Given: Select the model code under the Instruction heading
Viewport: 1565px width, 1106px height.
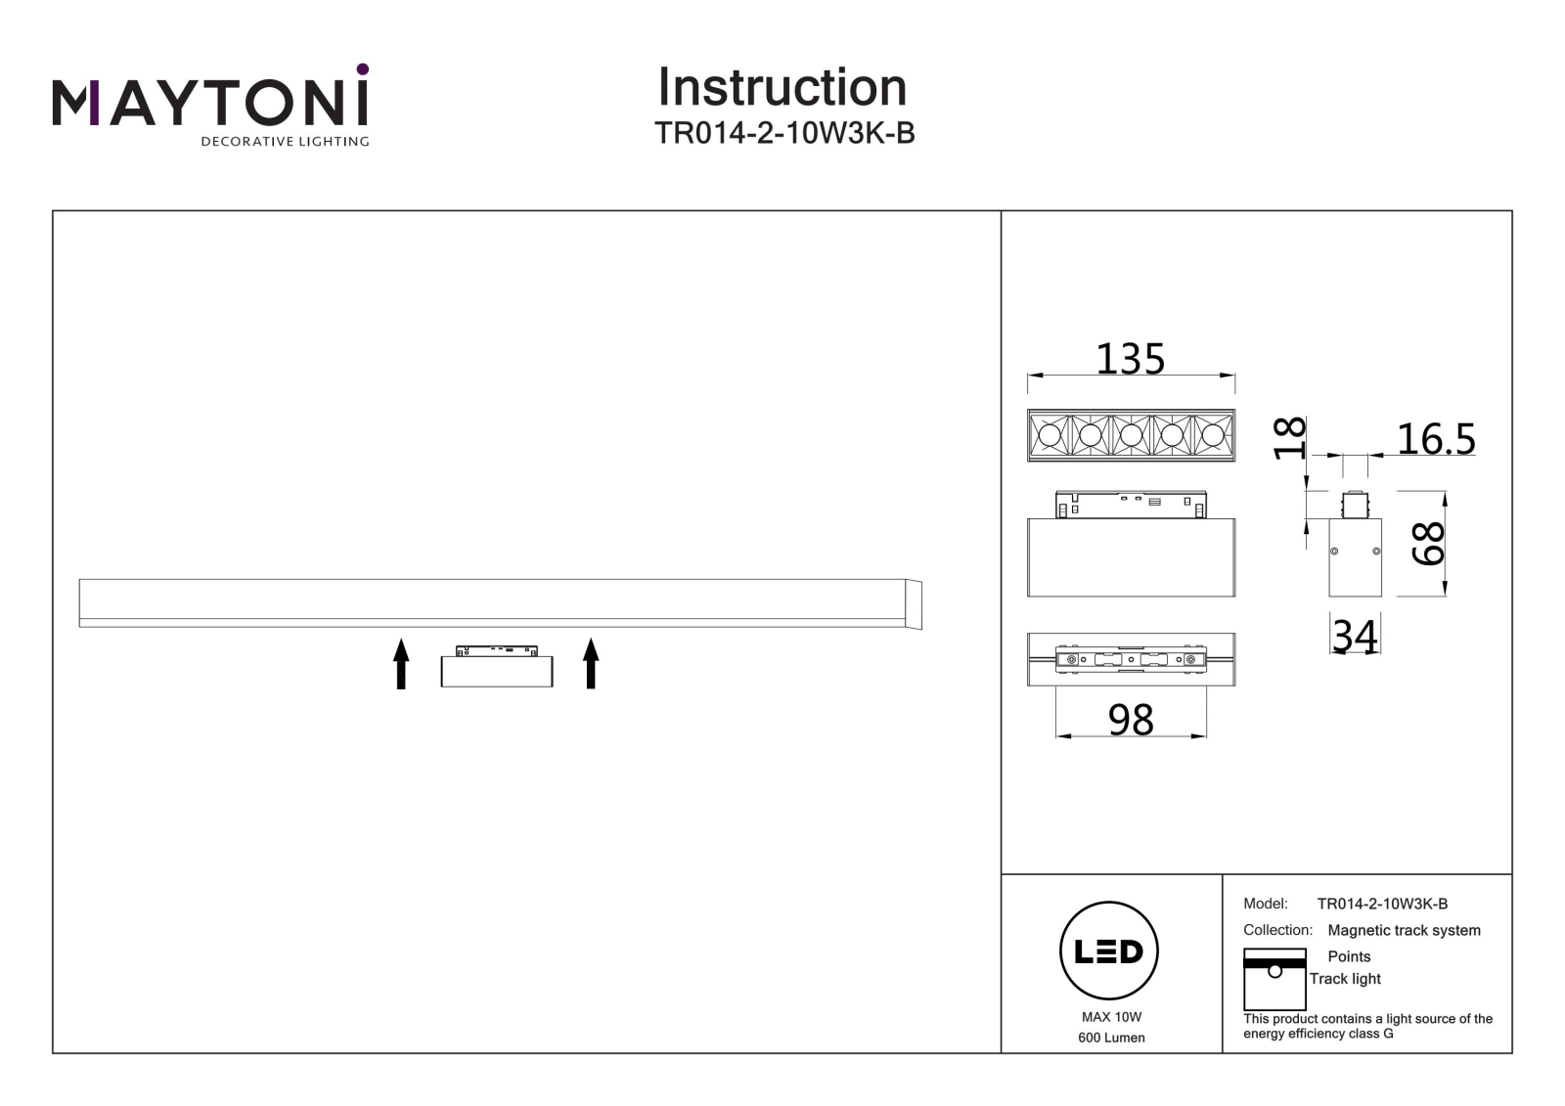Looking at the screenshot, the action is [x=783, y=133].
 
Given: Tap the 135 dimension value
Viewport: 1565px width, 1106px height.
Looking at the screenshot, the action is [x=1130, y=359].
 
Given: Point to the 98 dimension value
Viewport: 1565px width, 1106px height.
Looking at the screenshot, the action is [x=1131, y=720].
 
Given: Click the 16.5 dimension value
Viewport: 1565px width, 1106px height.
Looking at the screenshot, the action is [x=1436, y=439].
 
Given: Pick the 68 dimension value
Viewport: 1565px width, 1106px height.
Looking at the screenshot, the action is [x=1427, y=543].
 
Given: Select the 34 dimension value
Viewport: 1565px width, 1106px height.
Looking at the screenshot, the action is [x=1355, y=636].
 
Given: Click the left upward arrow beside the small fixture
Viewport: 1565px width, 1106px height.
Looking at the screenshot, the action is [x=401, y=663].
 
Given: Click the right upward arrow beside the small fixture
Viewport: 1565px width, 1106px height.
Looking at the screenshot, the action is [x=591, y=663].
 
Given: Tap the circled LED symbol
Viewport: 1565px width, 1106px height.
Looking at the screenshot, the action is [x=1109, y=951].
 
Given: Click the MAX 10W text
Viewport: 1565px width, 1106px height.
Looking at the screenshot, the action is [x=1111, y=1017].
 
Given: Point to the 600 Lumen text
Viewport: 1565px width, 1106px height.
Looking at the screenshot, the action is [x=1111, y=1038].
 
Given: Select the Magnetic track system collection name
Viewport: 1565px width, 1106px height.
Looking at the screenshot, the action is [x=1404, y=931].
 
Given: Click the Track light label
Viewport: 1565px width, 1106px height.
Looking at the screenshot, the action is [x=1345, y=979].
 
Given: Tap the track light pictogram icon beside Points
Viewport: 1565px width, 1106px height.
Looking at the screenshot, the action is [x=1274, y=979].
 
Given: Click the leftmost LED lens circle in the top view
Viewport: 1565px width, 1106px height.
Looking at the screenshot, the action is [x=1050, y=435].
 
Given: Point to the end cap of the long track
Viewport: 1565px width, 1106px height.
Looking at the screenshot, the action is [x=914, y=604].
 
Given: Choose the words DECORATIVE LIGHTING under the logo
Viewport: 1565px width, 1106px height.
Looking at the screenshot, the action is [x=285, y=141].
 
